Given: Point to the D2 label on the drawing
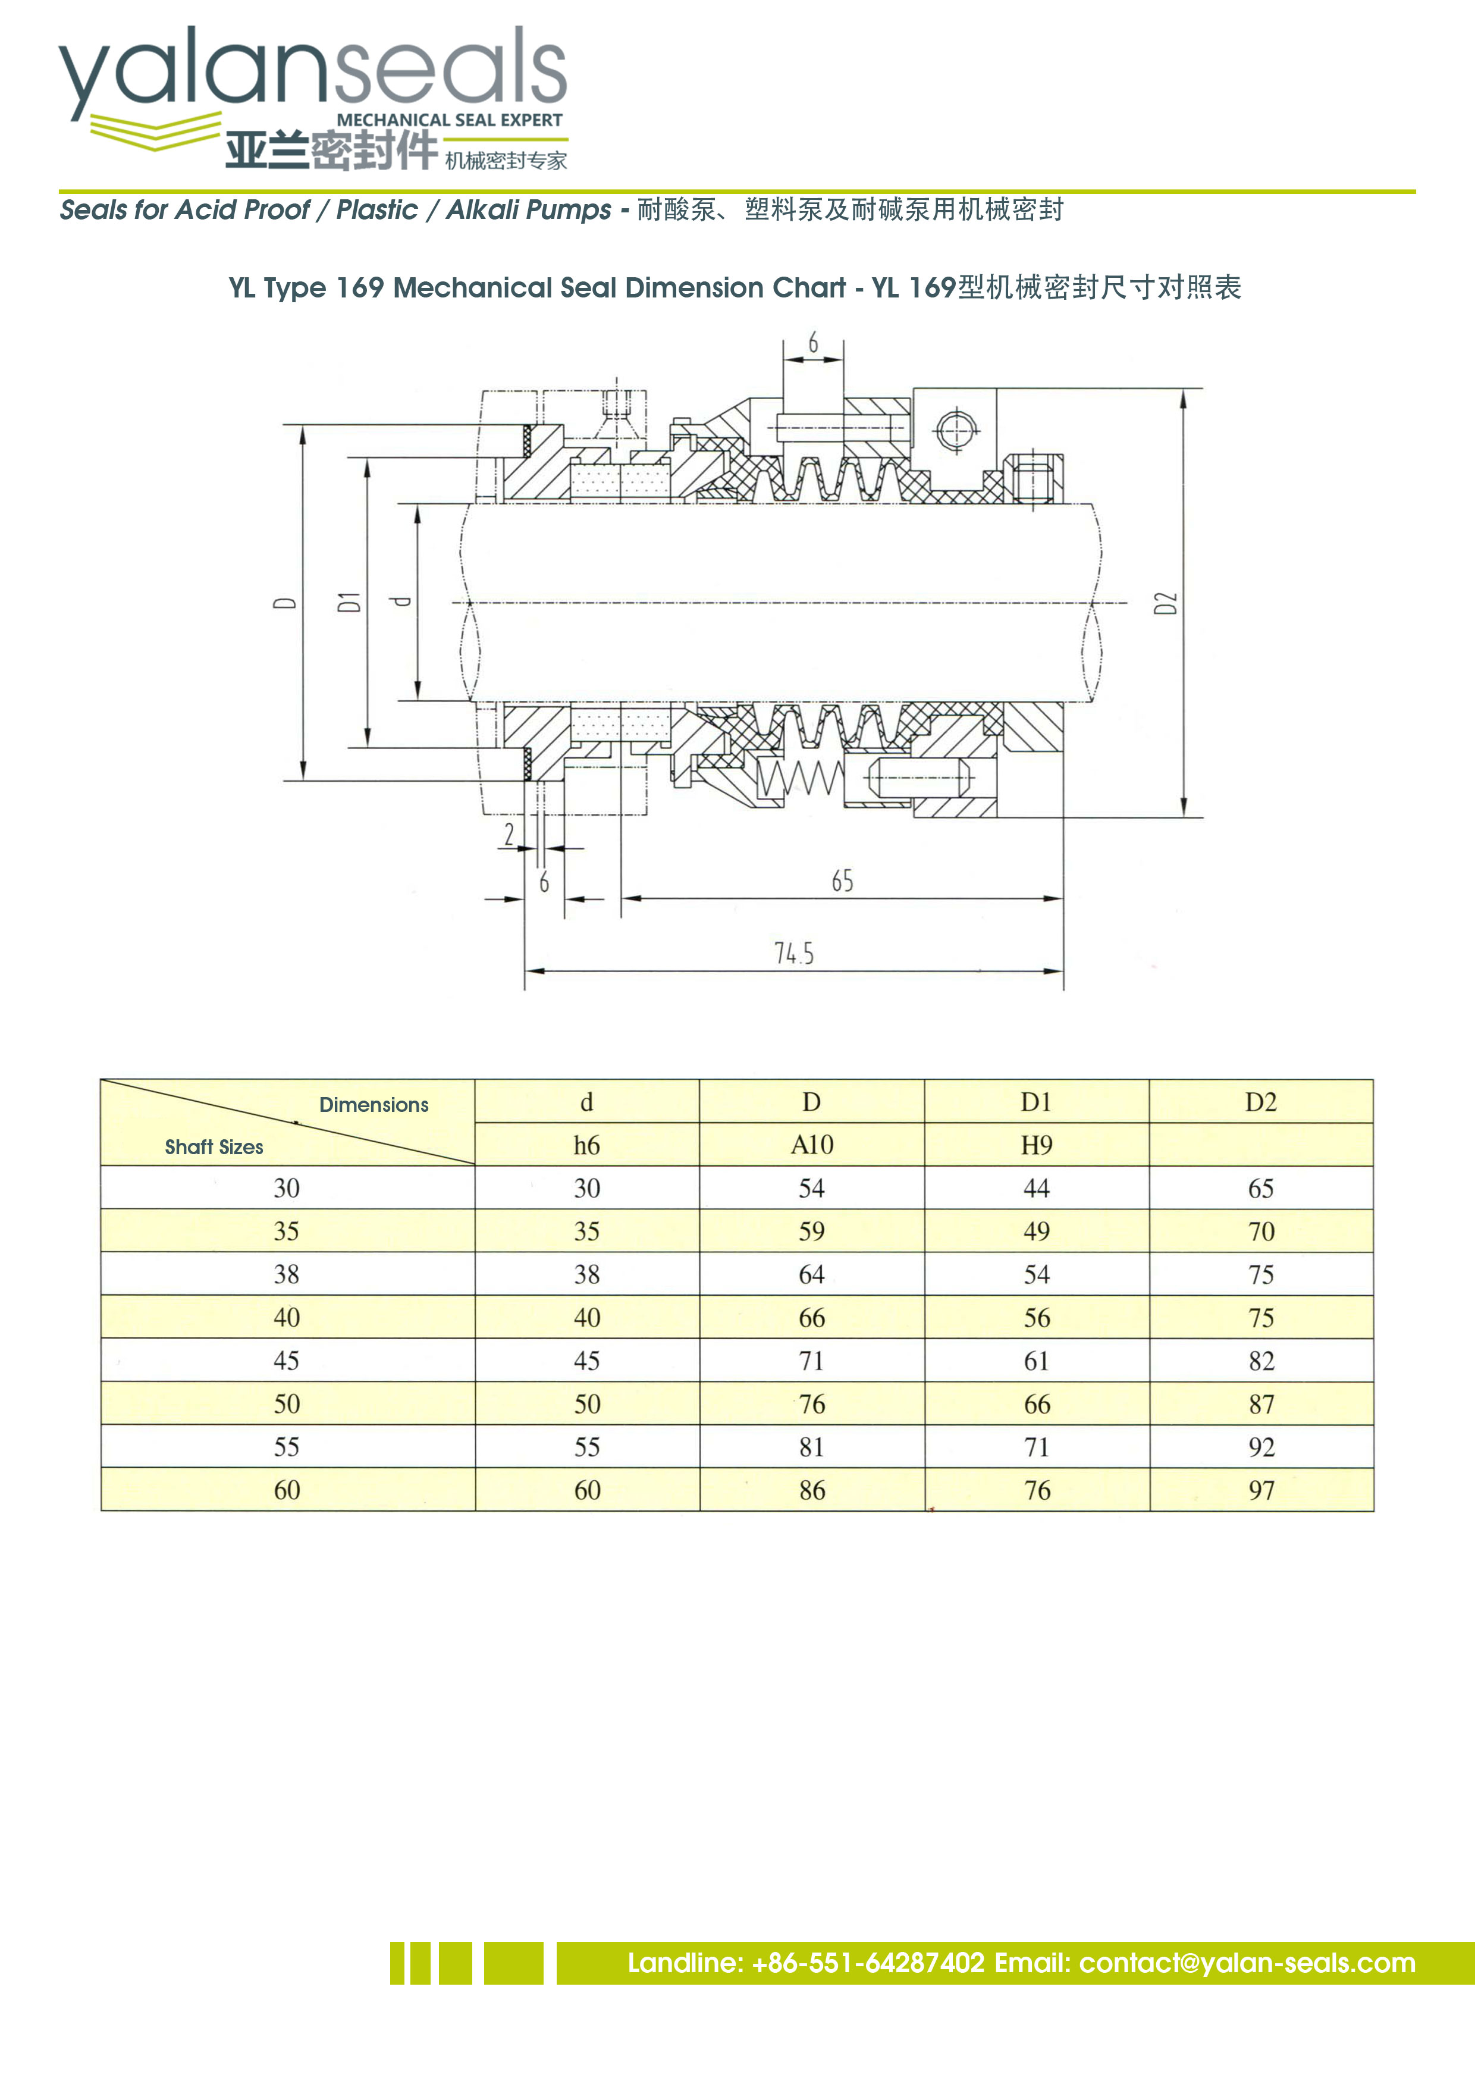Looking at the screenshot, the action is [x=1165, y=603].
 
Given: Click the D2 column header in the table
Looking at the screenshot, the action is [x=1260, y=1102].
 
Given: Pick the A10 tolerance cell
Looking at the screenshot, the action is [x=812, y=1145].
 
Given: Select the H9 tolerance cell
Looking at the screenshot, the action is [x=1036, y=1145].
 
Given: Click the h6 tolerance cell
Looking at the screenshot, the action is [x=586, y=1145].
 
